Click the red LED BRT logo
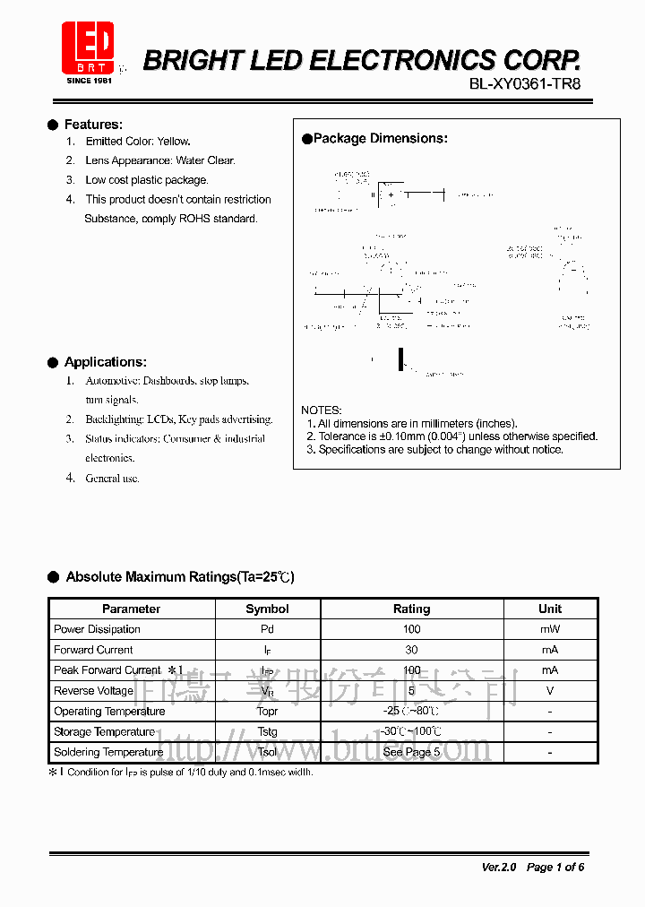coord(88,50)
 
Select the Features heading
coord(93,125)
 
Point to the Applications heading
coord(105,362)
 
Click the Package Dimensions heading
coord(380,139)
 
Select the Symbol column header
coord(267,609)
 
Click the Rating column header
coord(412,609)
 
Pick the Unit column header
coord(550,609)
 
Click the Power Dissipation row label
coord(97,630)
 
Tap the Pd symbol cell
coord(267,630)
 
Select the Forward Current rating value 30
coord(412,651)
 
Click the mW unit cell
coord(550,630)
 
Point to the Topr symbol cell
coord(267,712)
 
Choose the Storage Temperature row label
coord(104,732)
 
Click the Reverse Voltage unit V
coord(550,691)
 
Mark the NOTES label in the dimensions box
coord(321,410)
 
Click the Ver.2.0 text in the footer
coord(499,868)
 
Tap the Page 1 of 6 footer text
coord(555,868)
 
